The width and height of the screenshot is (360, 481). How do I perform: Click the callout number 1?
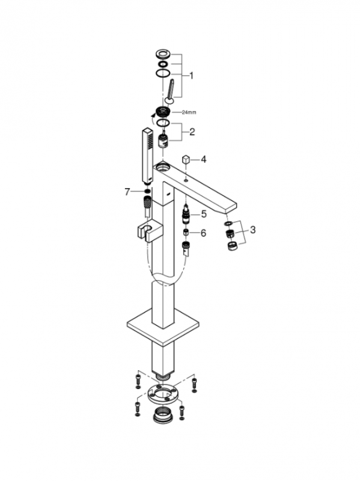pyautogui.click(x=191, y=76)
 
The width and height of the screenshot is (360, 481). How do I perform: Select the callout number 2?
pyautogui.click(x=192, y=132)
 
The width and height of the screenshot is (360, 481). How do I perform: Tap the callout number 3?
pyautogui.click(x=252, y=230)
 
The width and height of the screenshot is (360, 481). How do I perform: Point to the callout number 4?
pyautogui.click(x=204, y=159)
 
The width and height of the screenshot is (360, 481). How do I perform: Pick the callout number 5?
pyautogui.click(x=204, y=214)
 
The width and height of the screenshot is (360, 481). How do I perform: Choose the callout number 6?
pyautogui.click(x=203, y=233)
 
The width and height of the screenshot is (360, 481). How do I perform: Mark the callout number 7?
pyautogui.click(x=127, y=192)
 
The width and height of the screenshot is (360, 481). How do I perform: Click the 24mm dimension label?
pyautogui.click(x=189, y=112)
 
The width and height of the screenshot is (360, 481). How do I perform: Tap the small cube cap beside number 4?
pyautogui.click(x=186, y=160)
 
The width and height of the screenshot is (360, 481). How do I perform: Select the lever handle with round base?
pyautogui.click(x=170, y=91)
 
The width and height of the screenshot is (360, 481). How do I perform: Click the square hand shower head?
pyautogui.click(x=148, y=155)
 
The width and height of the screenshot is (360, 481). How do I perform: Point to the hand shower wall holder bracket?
pyautogui.click(x=148, y=230)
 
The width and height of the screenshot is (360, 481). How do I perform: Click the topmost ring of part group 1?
pyautogui.click(x=162, y=54)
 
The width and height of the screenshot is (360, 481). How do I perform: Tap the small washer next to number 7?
pyautogui.click(x=147, y=192)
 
